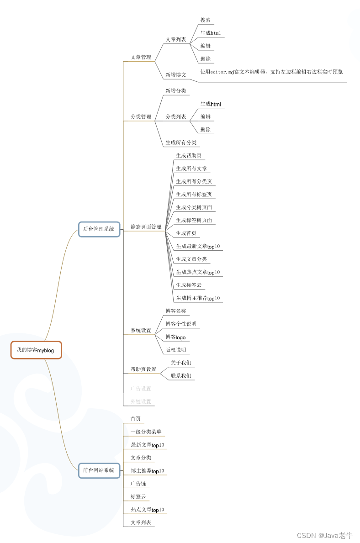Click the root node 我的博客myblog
pos(36,350)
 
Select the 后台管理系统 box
pos(99,229)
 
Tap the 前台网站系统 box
pos(99,470)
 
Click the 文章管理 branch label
pos(141,58)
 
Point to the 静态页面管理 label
pos(146,227)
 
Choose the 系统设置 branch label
pos(141,331)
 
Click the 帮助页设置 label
pos(143,369)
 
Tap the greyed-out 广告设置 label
pos(141,389)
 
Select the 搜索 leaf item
pos(206,20)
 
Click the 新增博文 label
pos(175,75)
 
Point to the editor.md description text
pos(271,72)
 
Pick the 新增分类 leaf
pos(176,91)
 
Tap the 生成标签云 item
pos(189,285)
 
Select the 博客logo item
pos(176,337)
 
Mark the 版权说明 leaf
pos(176,350)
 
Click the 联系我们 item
pos(181,376)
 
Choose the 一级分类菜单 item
pos(146,432)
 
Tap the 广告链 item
pos(138,484)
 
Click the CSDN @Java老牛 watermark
pos(325,535)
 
